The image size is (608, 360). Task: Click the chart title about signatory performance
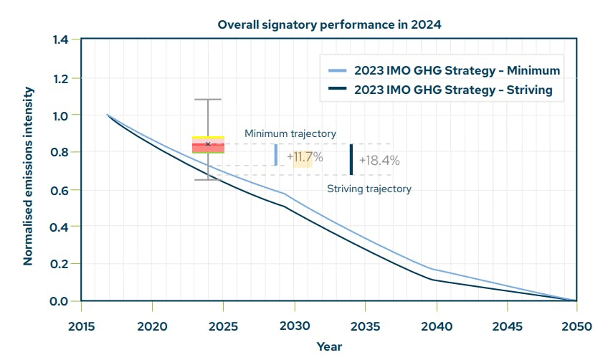pos(329,24)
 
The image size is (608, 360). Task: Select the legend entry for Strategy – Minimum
pos(457,70)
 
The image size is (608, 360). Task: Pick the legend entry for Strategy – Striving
pos(453,90)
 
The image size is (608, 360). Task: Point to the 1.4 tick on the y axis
pos(60,39)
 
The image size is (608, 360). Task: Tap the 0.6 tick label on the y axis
pos(60,190)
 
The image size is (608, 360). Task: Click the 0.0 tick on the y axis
pos(60,301)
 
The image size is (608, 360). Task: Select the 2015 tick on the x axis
pos(81,326)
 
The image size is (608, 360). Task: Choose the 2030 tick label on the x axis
pos(294,326)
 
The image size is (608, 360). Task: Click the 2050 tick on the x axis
pos(577,326)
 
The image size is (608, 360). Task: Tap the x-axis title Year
pos(329,347)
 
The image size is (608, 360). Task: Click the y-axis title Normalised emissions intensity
pos(28,176)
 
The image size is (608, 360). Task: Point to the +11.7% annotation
pos(304,156)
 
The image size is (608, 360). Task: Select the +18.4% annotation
pos(379,161)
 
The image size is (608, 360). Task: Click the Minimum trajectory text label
pos(290,133)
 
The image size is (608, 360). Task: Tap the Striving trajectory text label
pos(369,189)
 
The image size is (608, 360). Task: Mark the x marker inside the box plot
pos(208,144)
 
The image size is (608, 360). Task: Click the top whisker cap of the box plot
pos(208,100)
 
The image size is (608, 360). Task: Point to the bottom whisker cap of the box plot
pos(208,179)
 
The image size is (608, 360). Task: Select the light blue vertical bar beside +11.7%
pos(275,155)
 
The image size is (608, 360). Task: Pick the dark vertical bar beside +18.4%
pos(351,159)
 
